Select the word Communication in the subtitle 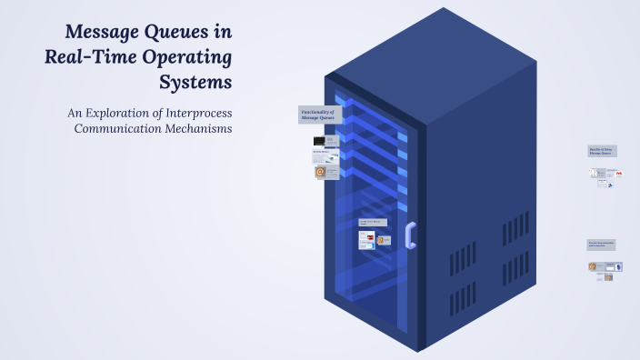(x=116, y=129)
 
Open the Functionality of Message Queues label (x=317, y=115)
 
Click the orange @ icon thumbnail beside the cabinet (x=320, y=171)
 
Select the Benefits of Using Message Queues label (x=602, y=151)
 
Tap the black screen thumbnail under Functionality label (x=319, y=142)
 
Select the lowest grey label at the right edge (x=602, y=245)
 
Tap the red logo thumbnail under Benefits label (x=618, y=173)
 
